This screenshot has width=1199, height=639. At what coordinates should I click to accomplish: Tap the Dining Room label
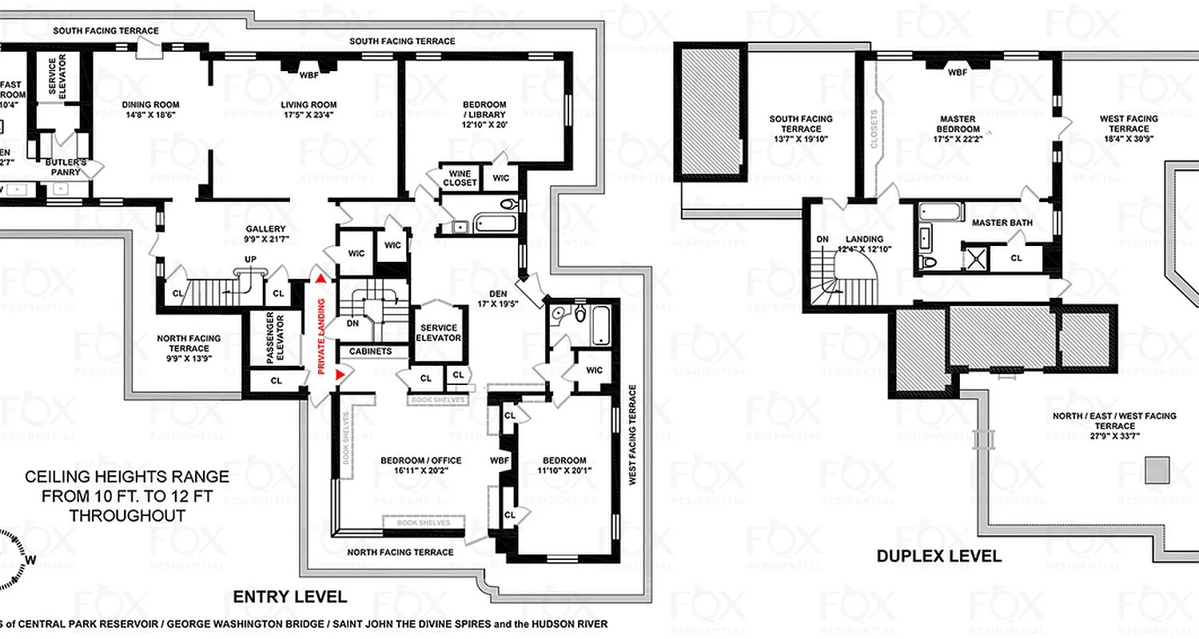pos(150,105)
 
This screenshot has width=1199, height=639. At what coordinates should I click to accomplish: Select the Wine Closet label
pos(460,178)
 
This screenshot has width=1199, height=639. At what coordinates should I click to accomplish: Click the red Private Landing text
pos(321,336)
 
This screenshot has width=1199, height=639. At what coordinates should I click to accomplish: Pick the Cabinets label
pos(370,351)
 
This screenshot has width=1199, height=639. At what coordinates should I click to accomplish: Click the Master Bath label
pos(1002,223)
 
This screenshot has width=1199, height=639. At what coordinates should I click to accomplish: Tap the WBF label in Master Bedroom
pos(957,73)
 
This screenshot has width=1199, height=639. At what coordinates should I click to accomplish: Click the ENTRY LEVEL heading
pos(289,597)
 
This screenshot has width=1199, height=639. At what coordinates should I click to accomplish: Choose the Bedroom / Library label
pos(484,110)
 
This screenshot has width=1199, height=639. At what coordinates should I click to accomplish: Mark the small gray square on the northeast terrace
pos(1157,470)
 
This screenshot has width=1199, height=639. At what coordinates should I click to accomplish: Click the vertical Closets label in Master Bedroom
pos(874,130)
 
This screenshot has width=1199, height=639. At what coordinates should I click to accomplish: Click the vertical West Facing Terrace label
pos(632,435)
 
